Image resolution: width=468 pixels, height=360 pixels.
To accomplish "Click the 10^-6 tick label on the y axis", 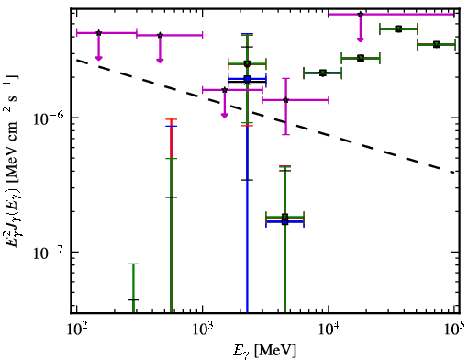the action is coord(49,118).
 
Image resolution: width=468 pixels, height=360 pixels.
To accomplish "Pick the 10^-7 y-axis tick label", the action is coord(49,253).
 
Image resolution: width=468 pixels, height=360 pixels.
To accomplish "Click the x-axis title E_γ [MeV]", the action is coord(264,351).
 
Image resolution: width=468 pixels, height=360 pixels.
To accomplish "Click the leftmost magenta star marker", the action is coord(98,33).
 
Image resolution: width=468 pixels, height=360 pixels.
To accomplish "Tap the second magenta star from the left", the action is coord(160,35).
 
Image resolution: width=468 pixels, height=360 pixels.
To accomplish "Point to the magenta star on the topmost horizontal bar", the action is coord(361,14).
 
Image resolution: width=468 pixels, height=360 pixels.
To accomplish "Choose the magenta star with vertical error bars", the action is coord(285,100).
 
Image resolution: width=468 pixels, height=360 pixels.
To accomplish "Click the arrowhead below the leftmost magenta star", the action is coord(98,58).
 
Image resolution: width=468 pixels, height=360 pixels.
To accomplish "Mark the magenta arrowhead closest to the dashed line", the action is coord(225,115).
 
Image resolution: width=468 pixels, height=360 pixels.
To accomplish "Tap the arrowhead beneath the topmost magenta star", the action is coord(361,39).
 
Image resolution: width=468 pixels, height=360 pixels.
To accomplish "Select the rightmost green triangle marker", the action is coord(437,45).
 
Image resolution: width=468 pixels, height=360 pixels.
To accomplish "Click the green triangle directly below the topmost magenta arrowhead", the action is coord(361,58).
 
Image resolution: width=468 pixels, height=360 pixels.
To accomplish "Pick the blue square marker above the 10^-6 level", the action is coord(247,79).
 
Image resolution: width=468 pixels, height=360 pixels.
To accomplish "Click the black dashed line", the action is coord(265,116).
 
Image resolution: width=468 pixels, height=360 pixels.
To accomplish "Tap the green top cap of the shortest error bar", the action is coord(133,264).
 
